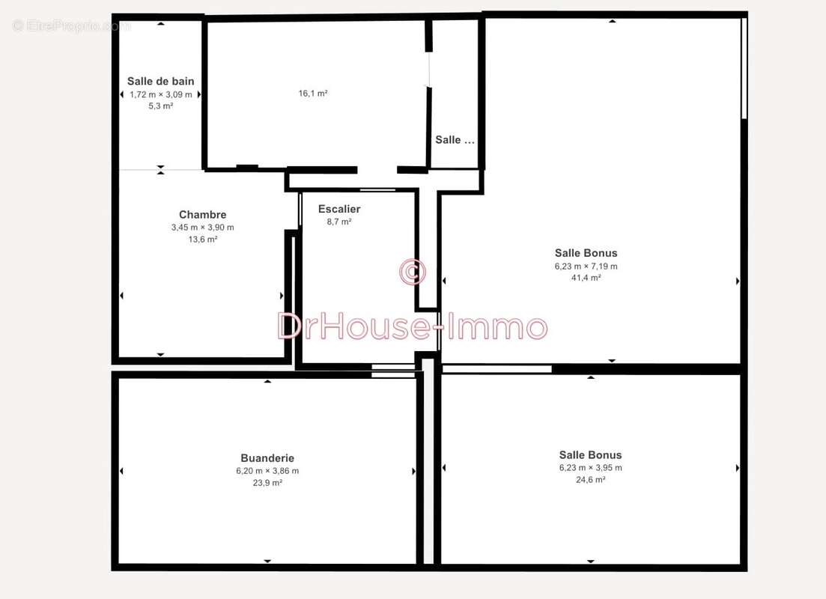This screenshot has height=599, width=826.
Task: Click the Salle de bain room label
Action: pyautogui.click(x=161, y=81)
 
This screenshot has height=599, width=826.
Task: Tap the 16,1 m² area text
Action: pyautogui.click(x=313, y=94)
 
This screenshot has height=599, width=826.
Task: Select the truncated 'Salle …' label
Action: pyautogui.click(x=455, y=139)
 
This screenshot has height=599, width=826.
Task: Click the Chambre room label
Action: pyautogui.click(x=203, y=214)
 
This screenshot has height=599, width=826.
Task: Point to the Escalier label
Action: pyautogui.click(x=339, y=209)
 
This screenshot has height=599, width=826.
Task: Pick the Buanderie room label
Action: pyautogui.click(x=267, y=457)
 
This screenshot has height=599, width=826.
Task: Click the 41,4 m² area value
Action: pyautogui.click(x=586, y=278)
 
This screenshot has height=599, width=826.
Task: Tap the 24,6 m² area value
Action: pyautogui.click(x=591, y=479)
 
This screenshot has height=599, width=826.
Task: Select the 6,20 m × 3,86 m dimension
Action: pyautogui.click(x=267, y=471)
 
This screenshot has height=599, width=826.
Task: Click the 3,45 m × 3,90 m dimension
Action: pyautogui.click(x=203, y=228)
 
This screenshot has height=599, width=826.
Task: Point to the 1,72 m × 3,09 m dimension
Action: pyautogui.click(x=161, y=95)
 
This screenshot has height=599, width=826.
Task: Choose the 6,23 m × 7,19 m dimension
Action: pyautogui.click(x=586, y=267)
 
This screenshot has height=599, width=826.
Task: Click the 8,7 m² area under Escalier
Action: pyautogui.click(x=339, y=222)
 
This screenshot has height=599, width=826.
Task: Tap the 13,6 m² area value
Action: pyautogui.click(x=203, y=239)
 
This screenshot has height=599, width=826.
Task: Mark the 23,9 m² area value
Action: pyautogui.click(x=267, y=483)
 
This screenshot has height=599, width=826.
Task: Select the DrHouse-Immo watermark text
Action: pyautogui.click(x=413, y=326)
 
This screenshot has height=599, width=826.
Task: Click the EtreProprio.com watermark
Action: pyautogui.click(x=71, y=25)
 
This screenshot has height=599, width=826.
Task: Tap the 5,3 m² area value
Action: pyautogui.click(x=161, y=106)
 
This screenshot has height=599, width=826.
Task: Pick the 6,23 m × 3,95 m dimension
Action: pyautogui.click(x=591, y=468)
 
